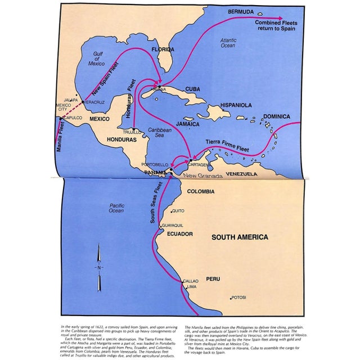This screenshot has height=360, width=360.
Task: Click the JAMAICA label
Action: click(x=187, y=124)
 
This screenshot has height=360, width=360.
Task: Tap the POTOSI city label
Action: click(x=239, y=298)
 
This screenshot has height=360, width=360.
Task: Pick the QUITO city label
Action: click(x=178, y=211)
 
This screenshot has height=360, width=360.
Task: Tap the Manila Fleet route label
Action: click(x=59, y=138)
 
